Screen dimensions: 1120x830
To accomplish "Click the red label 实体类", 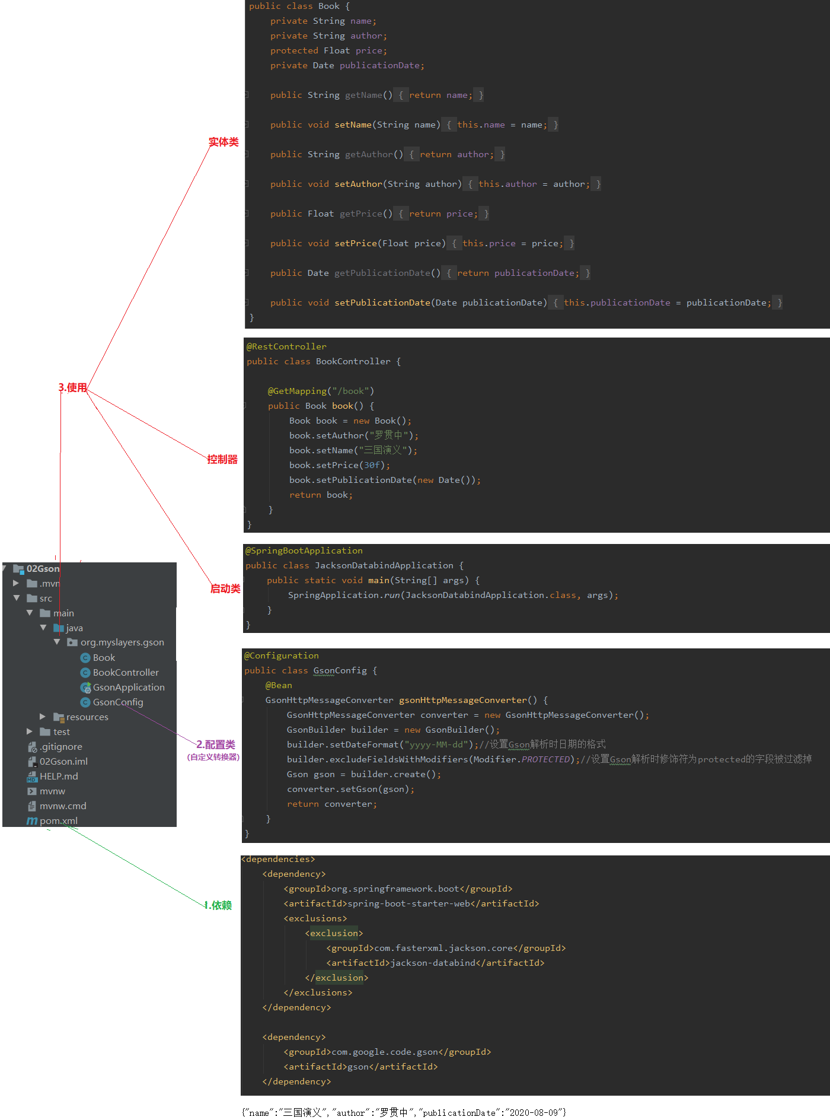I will pyautogui.click(x=224, y=142).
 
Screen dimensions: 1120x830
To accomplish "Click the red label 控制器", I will pyautogui.click(x=222, y=460).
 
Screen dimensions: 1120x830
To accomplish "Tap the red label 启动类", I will pyautogui.click(x=225, y=589).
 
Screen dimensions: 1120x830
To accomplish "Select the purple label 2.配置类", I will pyautogui.click(x=216, y=745).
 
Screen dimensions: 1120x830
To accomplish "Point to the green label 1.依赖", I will pyautogui.click(x=218, y=906).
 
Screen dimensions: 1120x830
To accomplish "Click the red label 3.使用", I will pyautogui.click(x=73, y=388).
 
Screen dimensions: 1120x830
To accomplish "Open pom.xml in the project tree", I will pyautogui.click(x=58, y=821).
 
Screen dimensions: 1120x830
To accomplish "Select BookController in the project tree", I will pyautogui.click(x=126, y=673).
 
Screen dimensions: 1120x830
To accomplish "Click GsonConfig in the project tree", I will pyautogui.click(x=118, y=702).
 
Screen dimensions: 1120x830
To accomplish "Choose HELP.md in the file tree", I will pyautogui.click(x=59, y=777).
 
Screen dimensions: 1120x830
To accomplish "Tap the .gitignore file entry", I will pyautogui.click(x=60, y=747).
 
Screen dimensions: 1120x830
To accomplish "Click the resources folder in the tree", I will pyautogui.click(x=87, y=717).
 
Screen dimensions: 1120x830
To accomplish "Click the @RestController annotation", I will pyautogui.click(x=286, y=347).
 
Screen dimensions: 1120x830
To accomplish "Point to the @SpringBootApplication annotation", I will pyautogui.click(x=304, y=551).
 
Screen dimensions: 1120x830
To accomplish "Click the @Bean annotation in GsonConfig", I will pyautogui.click(x=279, y=686).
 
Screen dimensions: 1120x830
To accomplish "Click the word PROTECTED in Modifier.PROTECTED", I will pyautogui.click(x=545, y=760).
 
